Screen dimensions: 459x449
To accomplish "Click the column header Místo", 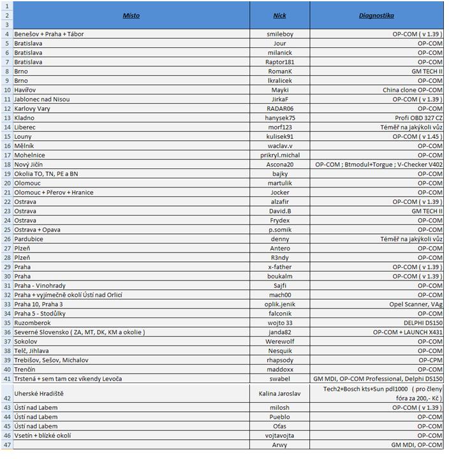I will click(x=131, y=15).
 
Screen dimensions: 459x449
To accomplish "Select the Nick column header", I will click(x=280, y=15).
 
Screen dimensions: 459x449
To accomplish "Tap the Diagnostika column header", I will click(x=376, y=15).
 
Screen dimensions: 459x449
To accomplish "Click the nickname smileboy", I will click(x=280, y=34).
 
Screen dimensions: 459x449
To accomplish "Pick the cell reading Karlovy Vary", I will click(x=32, y=108).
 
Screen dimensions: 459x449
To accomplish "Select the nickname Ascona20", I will click(x=280, y=164).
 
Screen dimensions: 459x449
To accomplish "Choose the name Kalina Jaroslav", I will click(x=280, y=393).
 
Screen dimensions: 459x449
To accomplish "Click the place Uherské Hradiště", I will click(x=39, y=393).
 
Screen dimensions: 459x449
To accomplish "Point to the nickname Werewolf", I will click(x=280, y=342).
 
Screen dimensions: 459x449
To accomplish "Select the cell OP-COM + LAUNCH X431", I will click(x=408, y=332).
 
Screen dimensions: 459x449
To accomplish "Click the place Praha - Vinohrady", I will click(x=40, y=286).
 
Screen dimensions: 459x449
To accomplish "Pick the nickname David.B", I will click(x=280, y=211).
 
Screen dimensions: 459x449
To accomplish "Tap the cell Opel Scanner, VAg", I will click(x=416, y=304).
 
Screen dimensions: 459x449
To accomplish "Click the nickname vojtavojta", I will click(x=280, y=435).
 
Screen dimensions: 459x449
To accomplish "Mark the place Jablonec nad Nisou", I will click(x=42, y=99).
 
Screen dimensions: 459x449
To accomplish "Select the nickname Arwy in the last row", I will click(x=280, y=445).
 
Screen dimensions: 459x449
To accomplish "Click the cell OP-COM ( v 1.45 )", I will click(x=417, y=136).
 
